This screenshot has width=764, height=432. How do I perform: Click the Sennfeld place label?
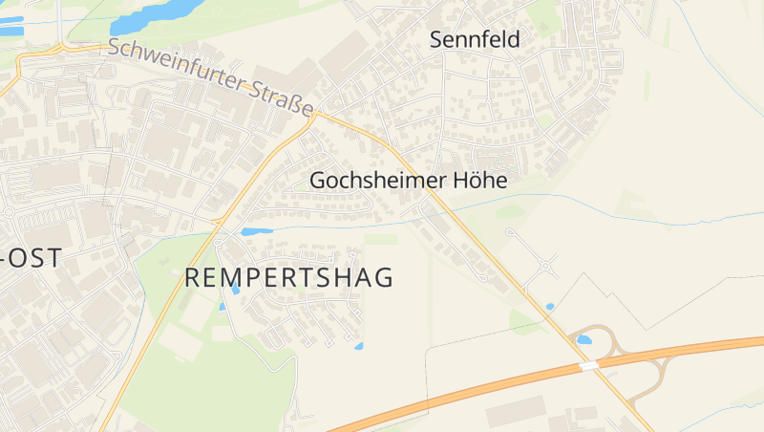(475, 39)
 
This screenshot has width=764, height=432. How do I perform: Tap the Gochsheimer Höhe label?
(408, 180)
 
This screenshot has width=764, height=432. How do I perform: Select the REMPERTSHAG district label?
(288, 278)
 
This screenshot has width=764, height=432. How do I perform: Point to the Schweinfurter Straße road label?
(211, 78)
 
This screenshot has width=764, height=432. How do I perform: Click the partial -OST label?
(32, 257)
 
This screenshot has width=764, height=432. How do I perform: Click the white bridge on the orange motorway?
(589, 365)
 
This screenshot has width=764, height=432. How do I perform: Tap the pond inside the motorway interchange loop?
(584, 339)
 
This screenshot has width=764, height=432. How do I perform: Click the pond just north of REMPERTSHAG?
(256, 231)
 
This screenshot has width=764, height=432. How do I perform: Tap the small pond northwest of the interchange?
(549, 307)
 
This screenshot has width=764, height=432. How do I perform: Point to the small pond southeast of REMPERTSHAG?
(359, 345)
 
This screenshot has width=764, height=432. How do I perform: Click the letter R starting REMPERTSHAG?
(190, 278)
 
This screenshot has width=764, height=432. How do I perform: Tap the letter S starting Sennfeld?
(437, 39)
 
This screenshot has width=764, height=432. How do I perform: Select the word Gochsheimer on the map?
(379, 180)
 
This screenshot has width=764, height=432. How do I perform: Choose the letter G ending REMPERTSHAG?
(385, 278)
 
